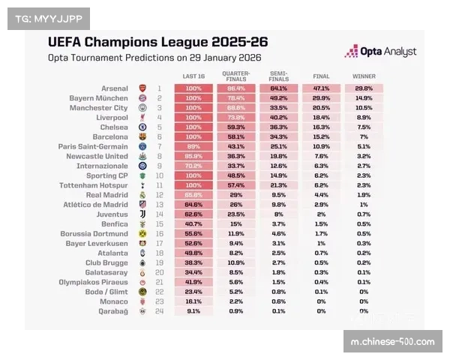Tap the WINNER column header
point(364,76)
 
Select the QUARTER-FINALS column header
point(235,75)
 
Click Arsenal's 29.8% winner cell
point(364,88)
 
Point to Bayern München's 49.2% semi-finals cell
point(278,98)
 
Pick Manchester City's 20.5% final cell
point(321,108)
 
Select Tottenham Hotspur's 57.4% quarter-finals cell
point(235,184)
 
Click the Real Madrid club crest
point(142,194)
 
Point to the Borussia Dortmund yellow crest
point(142,233)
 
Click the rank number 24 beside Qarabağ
point(159,310)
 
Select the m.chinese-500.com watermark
point(392,342)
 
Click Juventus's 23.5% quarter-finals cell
point(235,214)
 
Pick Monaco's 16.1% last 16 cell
point(193,301)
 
